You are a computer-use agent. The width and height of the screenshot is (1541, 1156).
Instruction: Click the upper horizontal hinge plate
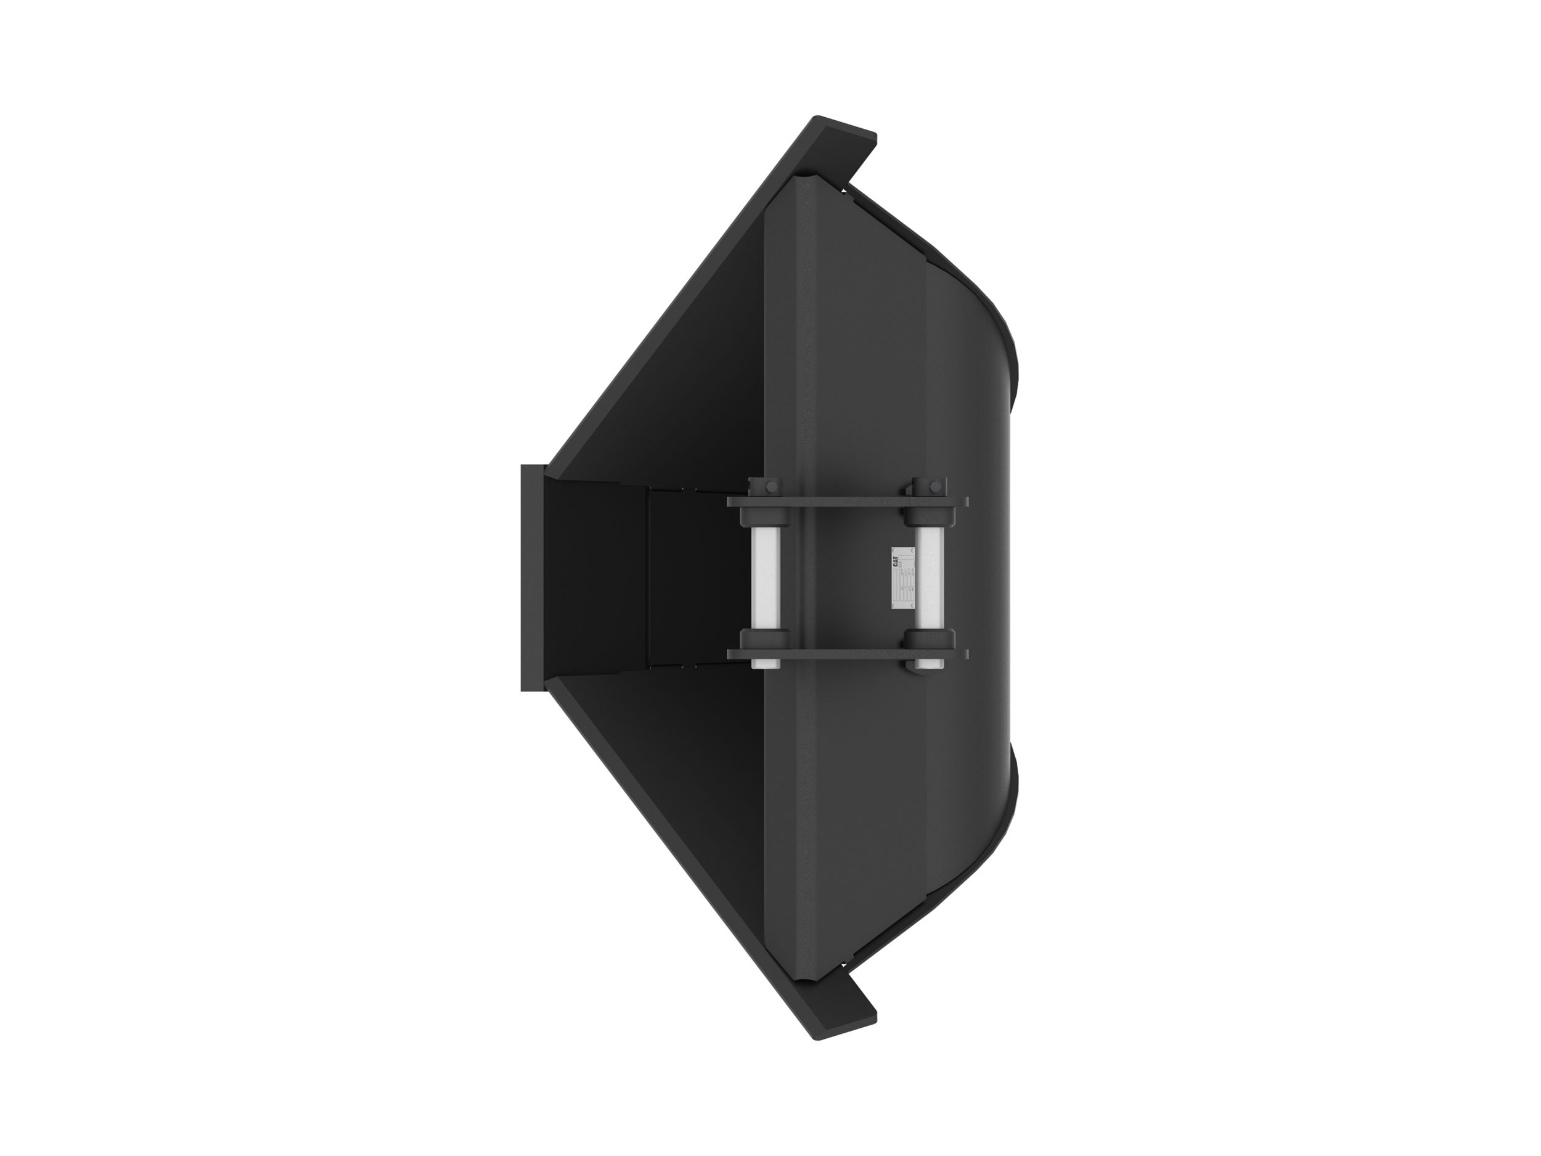pyautogui.click(x=846, y=502)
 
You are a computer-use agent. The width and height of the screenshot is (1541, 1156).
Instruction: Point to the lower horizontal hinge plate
pyautogui.click(x=846, y=654)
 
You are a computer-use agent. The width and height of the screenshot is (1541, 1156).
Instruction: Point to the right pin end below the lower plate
pyautogui.click(x=929, y=665)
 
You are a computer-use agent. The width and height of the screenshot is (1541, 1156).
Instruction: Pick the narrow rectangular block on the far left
pyautogui.click(x=530, y=578)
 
